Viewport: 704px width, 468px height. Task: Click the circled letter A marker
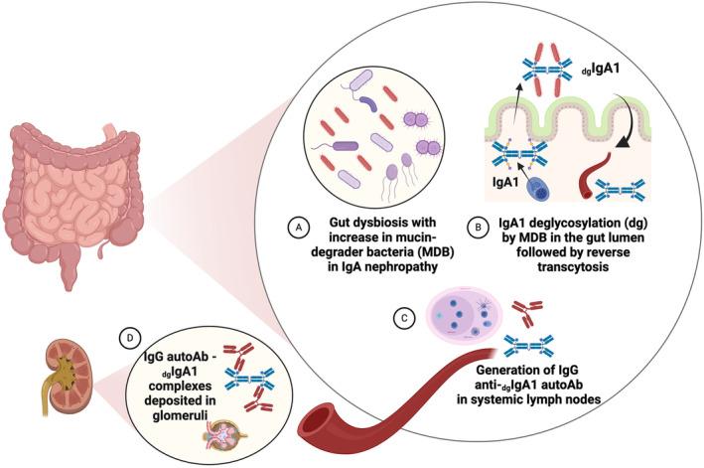coord(294,228)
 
